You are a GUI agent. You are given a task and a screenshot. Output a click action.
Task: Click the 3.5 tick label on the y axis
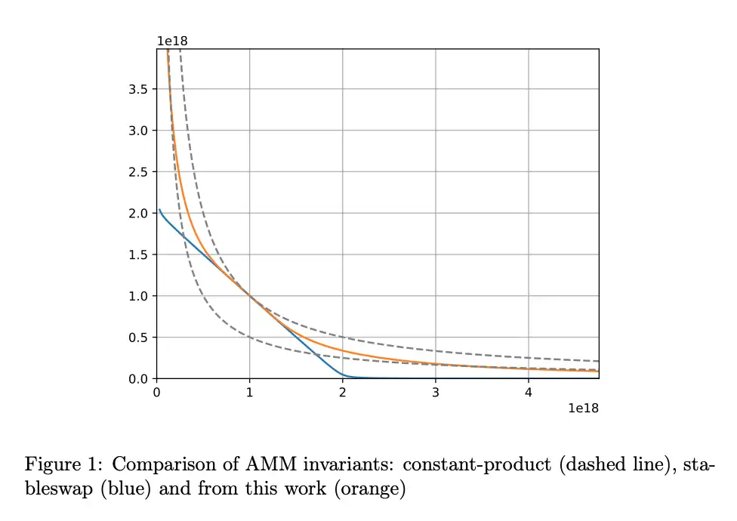140,89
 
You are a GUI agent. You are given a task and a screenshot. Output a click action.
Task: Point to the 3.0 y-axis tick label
140,131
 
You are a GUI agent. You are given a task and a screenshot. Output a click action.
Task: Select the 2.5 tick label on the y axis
140,172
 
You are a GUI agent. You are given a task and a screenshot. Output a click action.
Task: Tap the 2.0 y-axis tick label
140,213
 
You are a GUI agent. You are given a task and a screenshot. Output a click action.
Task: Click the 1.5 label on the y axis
140,254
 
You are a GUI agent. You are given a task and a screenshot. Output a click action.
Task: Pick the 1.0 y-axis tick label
140,296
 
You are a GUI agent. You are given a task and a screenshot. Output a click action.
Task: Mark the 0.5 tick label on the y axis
140,338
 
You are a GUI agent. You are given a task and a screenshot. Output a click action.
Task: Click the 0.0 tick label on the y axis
140,378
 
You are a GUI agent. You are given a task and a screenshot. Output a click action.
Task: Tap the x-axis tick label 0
156,393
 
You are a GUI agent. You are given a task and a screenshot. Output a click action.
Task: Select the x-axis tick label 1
249,393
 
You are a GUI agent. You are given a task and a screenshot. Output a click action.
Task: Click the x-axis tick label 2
342,393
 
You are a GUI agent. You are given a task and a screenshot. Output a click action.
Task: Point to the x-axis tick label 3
435,393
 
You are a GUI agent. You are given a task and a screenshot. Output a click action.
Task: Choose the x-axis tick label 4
529,393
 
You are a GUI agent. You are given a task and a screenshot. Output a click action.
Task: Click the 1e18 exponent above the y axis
171,41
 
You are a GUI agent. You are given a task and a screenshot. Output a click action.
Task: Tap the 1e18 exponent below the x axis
583,408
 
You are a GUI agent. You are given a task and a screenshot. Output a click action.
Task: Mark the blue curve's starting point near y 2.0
159,209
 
